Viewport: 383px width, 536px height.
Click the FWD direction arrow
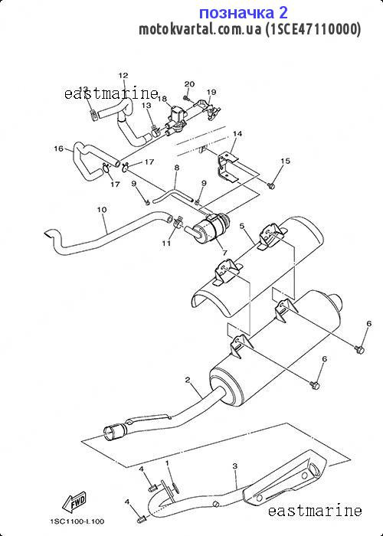click(74, 501)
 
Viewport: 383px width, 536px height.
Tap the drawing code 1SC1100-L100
click(77, 521)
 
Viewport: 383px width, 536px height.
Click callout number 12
click(123, 76)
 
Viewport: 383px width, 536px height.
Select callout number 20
click(189, 84)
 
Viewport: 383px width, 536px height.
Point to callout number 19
click(211, 92)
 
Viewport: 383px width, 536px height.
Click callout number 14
click(237, 134)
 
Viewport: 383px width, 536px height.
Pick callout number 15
click(285, 161)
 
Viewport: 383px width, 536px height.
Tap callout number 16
click(59, 149)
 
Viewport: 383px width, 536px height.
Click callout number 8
click(176, 168)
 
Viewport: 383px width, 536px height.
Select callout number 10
click(102, 210)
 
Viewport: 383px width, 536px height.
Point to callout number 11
click(166, 243)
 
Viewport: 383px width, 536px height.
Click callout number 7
click(224, 253)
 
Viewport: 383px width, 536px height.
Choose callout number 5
click(242, 226)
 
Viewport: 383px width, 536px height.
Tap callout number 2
click(188, 380)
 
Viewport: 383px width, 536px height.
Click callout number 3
click(234, 466)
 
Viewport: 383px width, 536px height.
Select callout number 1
click(167, 463)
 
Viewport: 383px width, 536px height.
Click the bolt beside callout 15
click(271, 185)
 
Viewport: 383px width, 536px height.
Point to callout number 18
click(162, 99)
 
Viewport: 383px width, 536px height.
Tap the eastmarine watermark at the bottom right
click(315, 511)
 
